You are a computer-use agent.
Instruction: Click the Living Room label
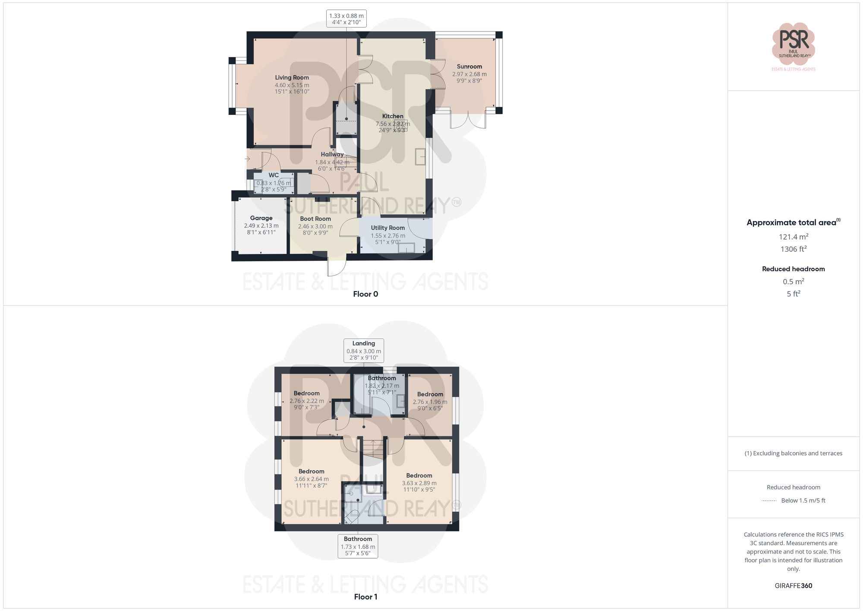[x=292, y=78]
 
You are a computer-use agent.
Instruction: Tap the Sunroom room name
[x=469, y=66]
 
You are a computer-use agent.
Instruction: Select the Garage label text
[x=261, y=218]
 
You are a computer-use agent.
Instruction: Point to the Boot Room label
[x=315, y=219]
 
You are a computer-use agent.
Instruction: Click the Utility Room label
[x=387, y=228]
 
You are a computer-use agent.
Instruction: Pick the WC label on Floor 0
[x=274, y=175]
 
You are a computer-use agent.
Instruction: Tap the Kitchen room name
[x=393, y=116]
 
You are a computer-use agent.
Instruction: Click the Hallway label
[x=332, y=155]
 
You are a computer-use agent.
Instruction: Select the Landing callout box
[x=363, y=350]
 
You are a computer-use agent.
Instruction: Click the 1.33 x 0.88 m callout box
[x=346, y=19]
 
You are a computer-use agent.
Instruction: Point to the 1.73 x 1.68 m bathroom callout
[x=358, y=546]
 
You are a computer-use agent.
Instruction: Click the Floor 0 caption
[x=365, y=294]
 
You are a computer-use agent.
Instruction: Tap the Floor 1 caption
[x=365, y=597]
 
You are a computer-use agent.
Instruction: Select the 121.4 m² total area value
[x=793, y=237]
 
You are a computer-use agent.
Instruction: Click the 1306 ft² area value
[x=793, y=249]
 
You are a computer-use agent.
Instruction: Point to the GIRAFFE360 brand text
[x=793, y=586]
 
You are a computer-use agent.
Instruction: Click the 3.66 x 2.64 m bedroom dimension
[x=311, y=479]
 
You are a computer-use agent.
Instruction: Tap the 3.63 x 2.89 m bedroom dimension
[x=419, y=483]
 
